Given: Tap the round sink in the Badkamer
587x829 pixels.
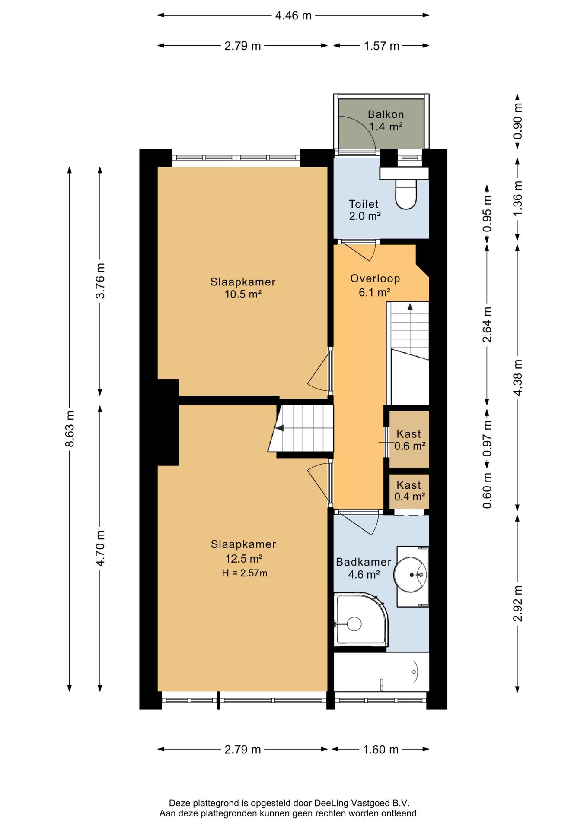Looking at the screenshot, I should (x=410, y=575).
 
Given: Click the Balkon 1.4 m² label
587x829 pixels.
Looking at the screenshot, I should (x=386, y=120).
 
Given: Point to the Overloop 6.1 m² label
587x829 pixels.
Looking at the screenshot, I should (x=375, y=285).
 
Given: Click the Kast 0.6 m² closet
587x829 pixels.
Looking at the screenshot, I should (x=409, y=440).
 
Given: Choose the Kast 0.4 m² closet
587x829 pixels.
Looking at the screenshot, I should (x=409, y=491).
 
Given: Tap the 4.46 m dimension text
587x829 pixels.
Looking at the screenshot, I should (x=293, y=16).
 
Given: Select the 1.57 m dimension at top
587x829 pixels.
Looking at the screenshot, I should (x=381, y=46).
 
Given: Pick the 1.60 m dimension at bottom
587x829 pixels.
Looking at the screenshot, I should (x=380, y=749).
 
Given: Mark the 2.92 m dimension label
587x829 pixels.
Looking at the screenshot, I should (x=517, y=604).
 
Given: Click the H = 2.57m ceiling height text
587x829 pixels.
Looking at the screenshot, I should (x=244, y=573).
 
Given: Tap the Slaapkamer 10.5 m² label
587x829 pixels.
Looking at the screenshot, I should (x=243, y=288).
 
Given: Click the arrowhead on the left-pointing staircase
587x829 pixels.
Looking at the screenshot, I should (x=280, y=428).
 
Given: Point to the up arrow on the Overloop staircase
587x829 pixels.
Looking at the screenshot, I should (x=410, y=307).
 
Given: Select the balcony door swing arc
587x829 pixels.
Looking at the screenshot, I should (x=361, y=132).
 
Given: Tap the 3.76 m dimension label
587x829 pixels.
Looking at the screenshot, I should (x=100, y=281).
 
